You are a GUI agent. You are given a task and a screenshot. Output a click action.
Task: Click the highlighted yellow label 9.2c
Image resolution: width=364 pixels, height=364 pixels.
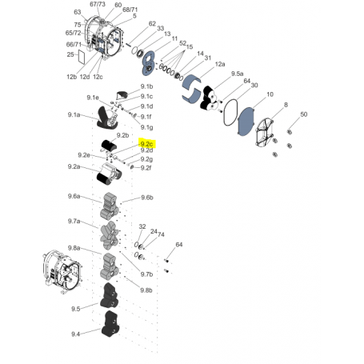(147, 144)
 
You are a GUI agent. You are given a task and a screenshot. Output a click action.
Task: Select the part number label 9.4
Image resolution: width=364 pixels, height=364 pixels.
(76, 333)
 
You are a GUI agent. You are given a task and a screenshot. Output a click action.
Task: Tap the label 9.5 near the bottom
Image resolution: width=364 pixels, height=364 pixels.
(76, 308)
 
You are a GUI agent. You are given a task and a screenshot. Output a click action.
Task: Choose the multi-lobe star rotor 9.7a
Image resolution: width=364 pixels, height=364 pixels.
(109, 233)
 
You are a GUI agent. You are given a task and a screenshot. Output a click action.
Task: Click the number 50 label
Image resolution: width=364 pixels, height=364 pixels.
(303, 116)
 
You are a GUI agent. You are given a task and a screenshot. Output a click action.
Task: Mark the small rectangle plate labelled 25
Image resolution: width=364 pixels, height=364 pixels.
(80, 56)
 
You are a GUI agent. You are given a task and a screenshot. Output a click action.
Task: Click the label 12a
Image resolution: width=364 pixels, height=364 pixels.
(220, 64)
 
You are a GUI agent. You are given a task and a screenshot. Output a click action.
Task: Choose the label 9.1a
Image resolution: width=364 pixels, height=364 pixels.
(74, 116)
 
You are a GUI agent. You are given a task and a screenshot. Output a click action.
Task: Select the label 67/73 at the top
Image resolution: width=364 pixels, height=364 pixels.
(97, 5)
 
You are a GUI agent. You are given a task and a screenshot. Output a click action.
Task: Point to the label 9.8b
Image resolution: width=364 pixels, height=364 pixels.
(146, 290)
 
